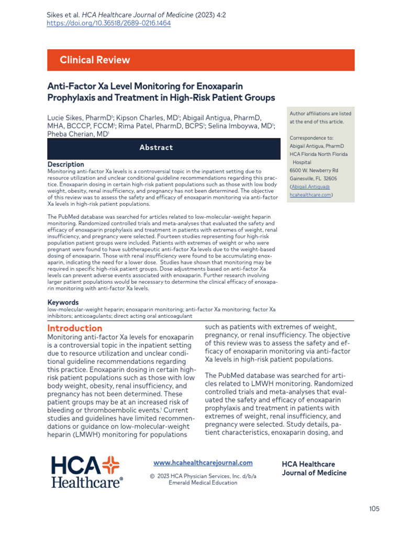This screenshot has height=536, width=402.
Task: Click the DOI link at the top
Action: [x=109, y=23]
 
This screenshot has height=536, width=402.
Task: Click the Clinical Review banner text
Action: [x=95, y=60]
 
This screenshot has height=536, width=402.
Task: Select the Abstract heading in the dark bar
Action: [x=156, y=148]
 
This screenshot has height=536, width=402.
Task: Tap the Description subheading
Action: [x=65, y=164]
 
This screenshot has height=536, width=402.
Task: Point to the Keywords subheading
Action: [x=63, y=303]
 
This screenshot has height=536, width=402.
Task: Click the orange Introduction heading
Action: [x=75, y=328]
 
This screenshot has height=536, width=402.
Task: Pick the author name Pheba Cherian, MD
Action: [x=77, y=134]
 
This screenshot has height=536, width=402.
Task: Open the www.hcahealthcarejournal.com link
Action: [x=203, y=463]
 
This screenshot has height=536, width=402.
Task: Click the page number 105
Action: [x=374, y=509]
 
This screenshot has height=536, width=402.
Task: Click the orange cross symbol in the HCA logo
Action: [x=110, y=465]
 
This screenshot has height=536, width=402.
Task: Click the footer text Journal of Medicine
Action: [x=314, y=473]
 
